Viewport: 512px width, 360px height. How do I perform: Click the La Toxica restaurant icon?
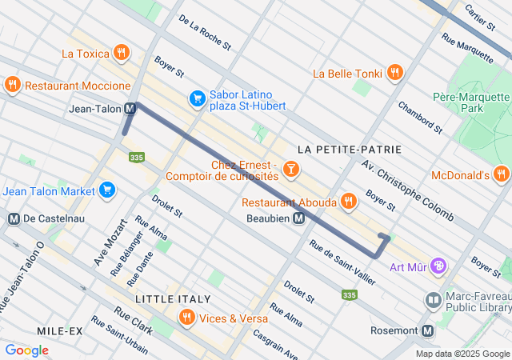[x=121, y=54]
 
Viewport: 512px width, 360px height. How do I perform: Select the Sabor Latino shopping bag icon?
[x=197, y=98]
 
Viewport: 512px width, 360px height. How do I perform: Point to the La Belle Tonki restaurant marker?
[x=394, y=73]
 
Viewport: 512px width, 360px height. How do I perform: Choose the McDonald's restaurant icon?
[x=501, y=174]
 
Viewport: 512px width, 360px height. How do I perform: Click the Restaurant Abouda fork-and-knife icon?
[x=348, y=202]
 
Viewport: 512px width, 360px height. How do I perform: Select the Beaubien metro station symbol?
[x=298, y=218]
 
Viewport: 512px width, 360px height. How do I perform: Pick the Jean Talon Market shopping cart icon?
[x=106, y=190]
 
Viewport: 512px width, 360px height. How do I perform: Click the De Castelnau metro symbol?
[x=13, y=218]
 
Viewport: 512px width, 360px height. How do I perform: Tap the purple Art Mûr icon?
[x=438, y=266]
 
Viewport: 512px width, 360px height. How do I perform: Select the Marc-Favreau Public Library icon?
[x=433, y=300]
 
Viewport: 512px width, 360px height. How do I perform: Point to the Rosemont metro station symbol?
[x=428, y=330]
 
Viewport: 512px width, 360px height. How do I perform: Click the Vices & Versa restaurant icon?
[x=187, y=318]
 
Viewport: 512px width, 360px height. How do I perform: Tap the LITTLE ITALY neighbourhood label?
[x=167, y=298]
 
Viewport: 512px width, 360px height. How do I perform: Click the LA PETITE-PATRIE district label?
[x=349, y=150]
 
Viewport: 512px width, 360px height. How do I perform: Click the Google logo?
[x=26, y=350]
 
